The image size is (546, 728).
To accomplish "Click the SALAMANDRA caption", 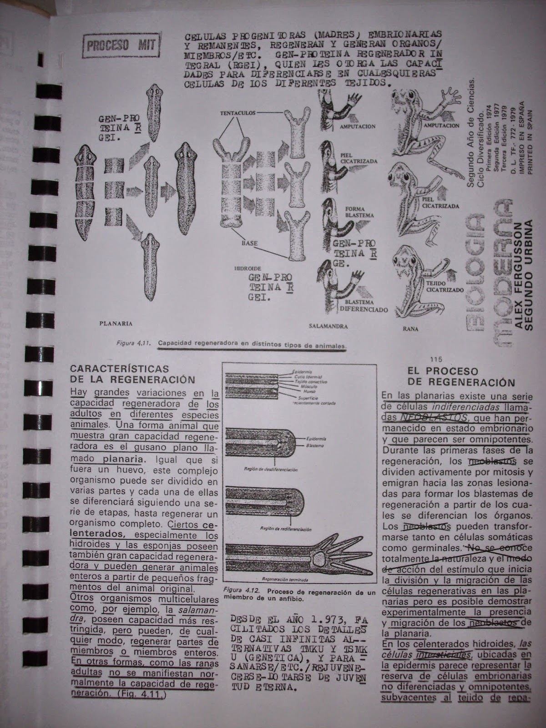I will pyautogui.click(x=328, y=326).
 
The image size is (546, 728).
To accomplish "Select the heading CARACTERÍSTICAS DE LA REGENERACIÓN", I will pyautogui.click(x=133, y=374).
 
